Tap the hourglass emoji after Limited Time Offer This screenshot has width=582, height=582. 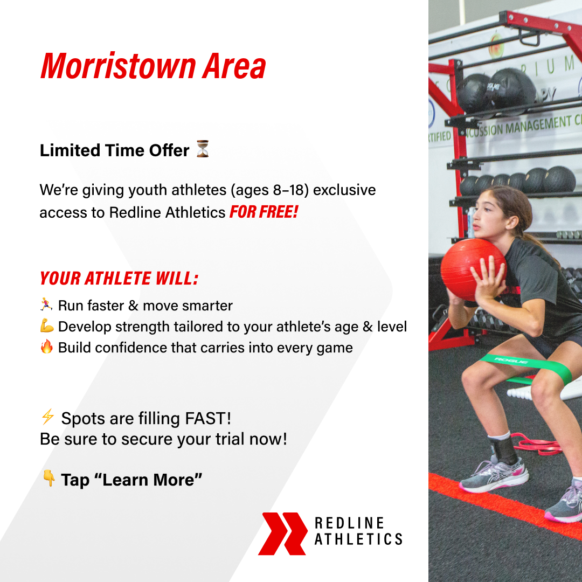(x=203, y=149)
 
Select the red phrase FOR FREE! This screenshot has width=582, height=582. (x=264, y=212)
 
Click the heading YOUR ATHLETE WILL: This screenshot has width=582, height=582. (x=119, y=279)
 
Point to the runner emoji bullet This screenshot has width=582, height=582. (x=46, y=306)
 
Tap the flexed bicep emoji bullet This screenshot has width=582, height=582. (x=47, y=326)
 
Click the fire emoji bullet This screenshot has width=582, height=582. (x=47, y=347)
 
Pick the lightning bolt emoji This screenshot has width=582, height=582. (x=47, y=417)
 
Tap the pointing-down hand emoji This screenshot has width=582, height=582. (x=48, y=478)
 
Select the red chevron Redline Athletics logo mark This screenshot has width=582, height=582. (x=282, y=533)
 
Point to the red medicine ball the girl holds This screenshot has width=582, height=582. (x=470, y=269)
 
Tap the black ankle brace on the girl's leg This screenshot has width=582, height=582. (x=504, y=449)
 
